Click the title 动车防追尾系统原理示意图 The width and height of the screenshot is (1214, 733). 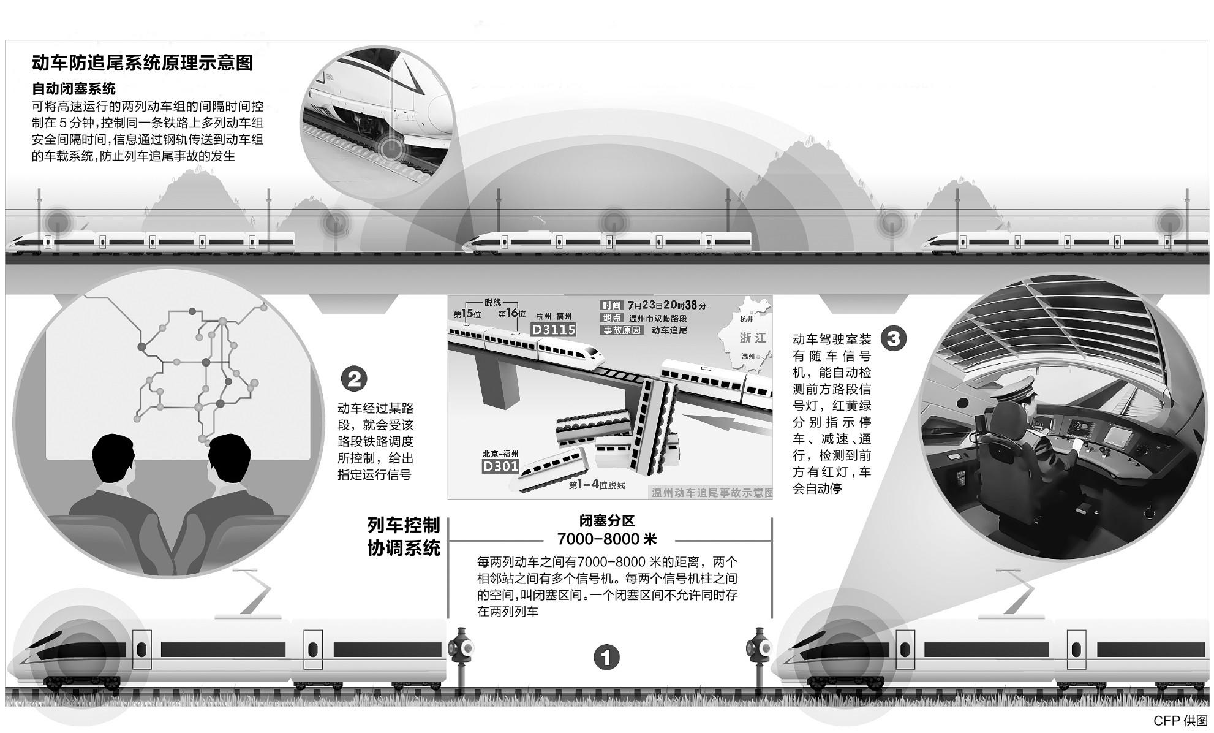pyautogui.click(x=143, y=63)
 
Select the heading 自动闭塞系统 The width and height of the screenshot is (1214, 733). pyautogui.click(x=74, y=89)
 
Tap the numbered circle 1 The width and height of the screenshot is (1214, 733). pyautogui.click(x=606, y=658)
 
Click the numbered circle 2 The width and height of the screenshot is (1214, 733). pyautogui.click(x=354, y=379)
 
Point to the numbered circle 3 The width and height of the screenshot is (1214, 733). pyautogui.click(x=893, y=338)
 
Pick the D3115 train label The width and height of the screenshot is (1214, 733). pyautogui.click(x=554, y=330)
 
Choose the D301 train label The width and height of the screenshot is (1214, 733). pyautogui.click(x=500, y=466)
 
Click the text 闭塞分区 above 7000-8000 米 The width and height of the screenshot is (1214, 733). pyautogui.click(x=607, y=521)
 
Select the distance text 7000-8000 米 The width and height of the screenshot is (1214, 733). pyautogui.click(x=607, y=539)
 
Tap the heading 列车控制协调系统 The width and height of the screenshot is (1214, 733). pyautogui.click(x=404, y=537)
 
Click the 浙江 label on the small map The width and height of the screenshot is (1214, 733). pyautogui.click(x=753, y=338)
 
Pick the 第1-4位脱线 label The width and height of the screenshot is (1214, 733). pyautogui.click(x=597, y=485)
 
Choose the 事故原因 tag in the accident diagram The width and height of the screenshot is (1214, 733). pyautogui.click(x=622, y=330)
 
